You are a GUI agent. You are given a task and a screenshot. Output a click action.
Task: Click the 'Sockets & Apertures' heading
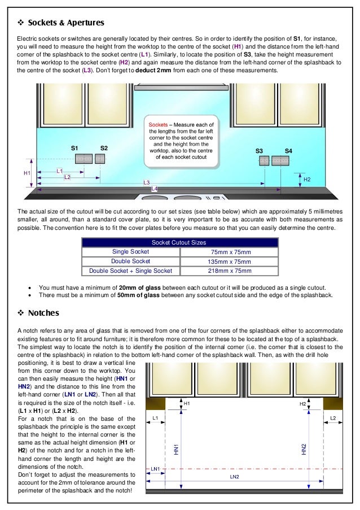pos(65,23)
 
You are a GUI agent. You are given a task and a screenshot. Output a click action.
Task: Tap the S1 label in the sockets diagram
pos(74,148)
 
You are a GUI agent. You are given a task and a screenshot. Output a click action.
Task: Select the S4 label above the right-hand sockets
pos(288,151)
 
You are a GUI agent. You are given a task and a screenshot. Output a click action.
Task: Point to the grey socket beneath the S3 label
pos(264,161)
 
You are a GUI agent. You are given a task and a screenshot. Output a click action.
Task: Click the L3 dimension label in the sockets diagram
pos(146,182)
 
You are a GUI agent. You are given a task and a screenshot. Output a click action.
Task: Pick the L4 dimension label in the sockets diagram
pos(154,189)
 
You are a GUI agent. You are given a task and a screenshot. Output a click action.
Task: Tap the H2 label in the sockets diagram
pos(307,179)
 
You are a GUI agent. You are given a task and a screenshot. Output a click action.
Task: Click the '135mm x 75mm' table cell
pos(230,261)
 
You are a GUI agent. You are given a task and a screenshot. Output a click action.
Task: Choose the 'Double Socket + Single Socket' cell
pos(131,271)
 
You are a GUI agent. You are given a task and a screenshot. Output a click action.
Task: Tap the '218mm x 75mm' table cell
pos(230,271)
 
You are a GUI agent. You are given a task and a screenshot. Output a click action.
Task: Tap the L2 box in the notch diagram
pos(333,418)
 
